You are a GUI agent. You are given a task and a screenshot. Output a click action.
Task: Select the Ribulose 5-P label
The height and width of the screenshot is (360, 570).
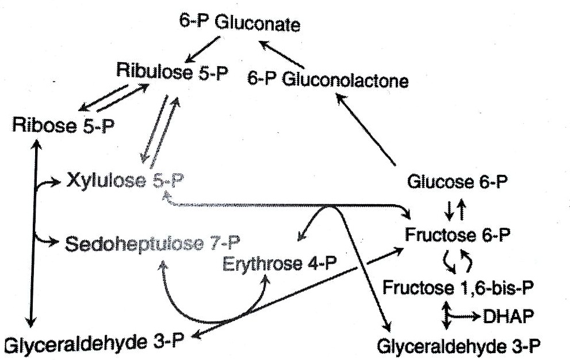pos(172,72)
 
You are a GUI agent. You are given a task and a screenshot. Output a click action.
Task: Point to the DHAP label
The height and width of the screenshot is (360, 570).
pos(508,316)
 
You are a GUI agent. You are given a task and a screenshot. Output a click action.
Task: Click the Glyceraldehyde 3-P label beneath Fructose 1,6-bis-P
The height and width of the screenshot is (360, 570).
pos(458,347)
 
